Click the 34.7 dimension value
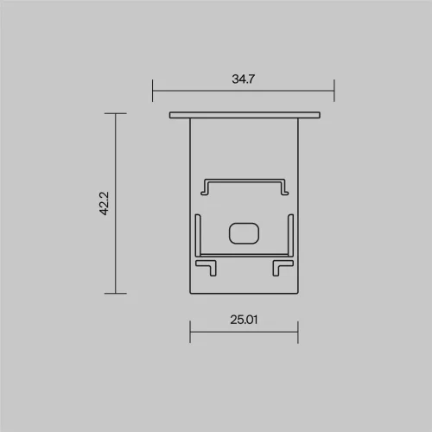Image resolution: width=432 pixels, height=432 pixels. (x=244, y=79)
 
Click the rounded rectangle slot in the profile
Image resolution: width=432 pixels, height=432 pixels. (x=245, y=232)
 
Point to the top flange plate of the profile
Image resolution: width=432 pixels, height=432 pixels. (x=244, y=115)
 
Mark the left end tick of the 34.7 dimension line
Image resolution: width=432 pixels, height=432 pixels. (x=153, y=90)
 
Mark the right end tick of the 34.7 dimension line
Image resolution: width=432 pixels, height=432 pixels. (x=334, y=90)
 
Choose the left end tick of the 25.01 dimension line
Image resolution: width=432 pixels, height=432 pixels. (x=190, y=331)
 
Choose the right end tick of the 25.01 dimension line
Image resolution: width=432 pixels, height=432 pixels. (x=297, y=331)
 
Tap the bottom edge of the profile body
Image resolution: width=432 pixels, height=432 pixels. (x=244, y=293)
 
